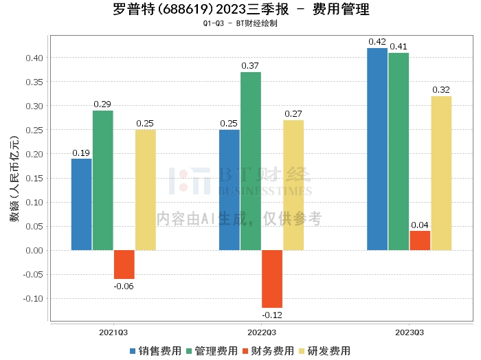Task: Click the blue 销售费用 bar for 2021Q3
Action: [82, 205]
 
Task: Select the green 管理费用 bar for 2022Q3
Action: [251, 161]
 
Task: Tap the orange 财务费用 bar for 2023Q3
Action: [420, 240]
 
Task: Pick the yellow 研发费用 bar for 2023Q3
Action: [441, 173]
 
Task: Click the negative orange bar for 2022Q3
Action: [272, 279]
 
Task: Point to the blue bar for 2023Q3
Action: [377, 149]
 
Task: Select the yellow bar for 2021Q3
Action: [146, 190]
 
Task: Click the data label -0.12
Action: [272, 315]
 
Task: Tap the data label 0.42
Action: [377, 42]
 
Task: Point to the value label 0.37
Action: [250, 66]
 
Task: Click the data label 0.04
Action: [420, 225]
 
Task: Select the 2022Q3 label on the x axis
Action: [262, 333]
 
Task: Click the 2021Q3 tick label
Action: [113, 333]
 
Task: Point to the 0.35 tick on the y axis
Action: [34, 82]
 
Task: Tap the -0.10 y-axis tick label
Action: [33, 298]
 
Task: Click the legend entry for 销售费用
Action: [156, 351]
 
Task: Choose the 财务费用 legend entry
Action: [269, 351]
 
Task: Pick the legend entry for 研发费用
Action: [325, 351]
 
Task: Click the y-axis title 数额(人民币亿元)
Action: [14, 179]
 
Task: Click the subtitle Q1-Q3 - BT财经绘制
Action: [240, 23]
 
